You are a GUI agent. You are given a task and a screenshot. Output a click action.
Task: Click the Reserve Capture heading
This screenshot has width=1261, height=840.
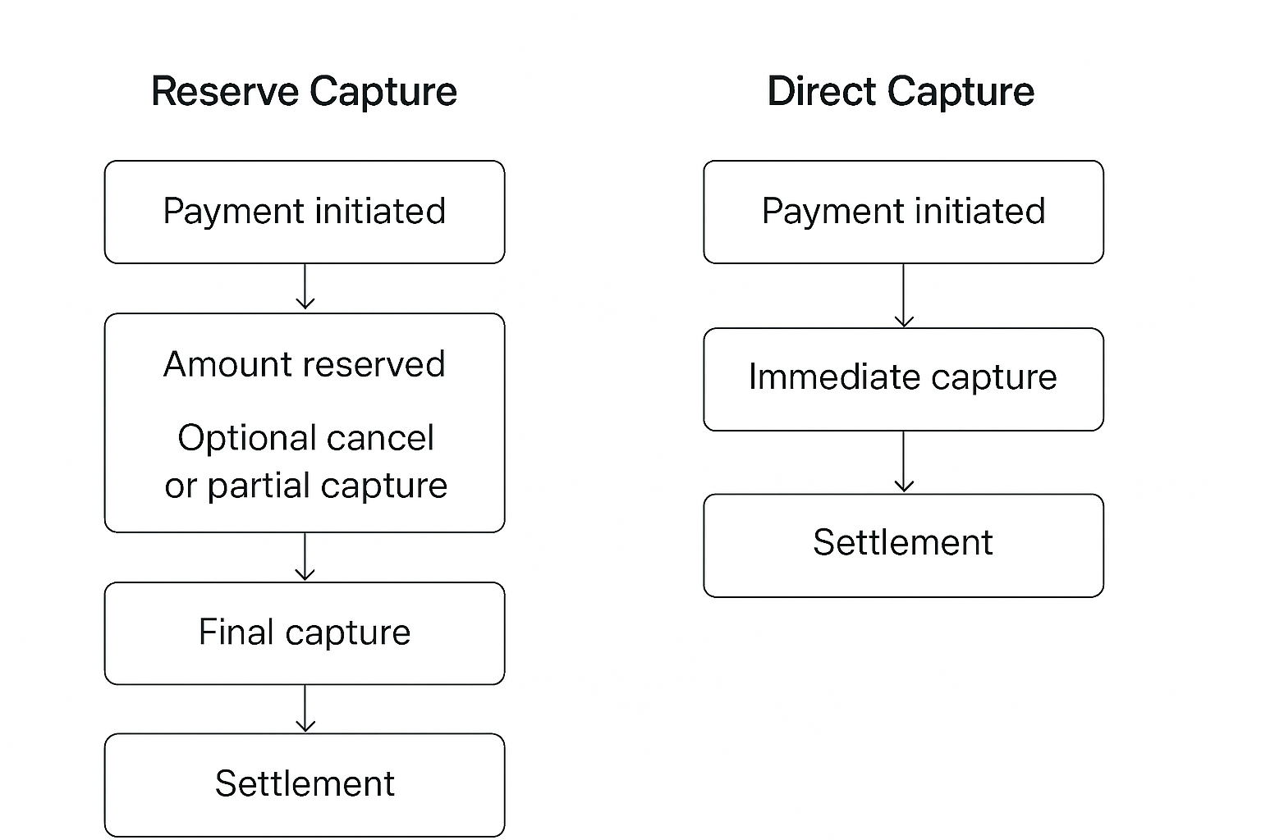304,91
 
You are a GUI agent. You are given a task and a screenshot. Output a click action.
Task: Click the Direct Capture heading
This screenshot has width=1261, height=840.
901,91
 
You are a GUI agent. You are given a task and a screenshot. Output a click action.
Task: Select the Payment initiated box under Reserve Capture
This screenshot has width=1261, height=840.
304,212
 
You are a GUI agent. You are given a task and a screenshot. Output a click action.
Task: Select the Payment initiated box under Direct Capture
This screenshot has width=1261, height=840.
903,212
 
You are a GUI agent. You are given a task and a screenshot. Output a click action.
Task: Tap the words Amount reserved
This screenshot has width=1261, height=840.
304,364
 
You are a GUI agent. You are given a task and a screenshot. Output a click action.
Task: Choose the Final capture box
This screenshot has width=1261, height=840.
304,633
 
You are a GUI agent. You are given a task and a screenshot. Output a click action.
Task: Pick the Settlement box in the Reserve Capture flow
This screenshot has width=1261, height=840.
304,784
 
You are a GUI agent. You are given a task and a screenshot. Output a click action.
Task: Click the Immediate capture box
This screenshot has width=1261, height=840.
903,379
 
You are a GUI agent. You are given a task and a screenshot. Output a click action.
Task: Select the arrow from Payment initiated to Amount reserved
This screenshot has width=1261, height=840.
305,287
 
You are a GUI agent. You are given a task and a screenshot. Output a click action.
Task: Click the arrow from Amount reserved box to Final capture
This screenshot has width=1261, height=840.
305,557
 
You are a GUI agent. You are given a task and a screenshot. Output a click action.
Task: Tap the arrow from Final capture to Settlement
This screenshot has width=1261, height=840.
305,708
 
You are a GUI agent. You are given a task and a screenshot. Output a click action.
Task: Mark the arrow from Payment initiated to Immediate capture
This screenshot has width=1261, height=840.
903,295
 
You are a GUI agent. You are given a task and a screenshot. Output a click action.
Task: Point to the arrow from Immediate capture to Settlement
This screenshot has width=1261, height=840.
903,462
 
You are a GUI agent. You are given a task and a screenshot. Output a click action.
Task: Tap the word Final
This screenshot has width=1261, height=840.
236,632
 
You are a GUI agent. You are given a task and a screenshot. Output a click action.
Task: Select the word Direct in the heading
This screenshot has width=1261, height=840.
821,91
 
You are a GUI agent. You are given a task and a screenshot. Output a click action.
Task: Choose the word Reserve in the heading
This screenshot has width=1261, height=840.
225,91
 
